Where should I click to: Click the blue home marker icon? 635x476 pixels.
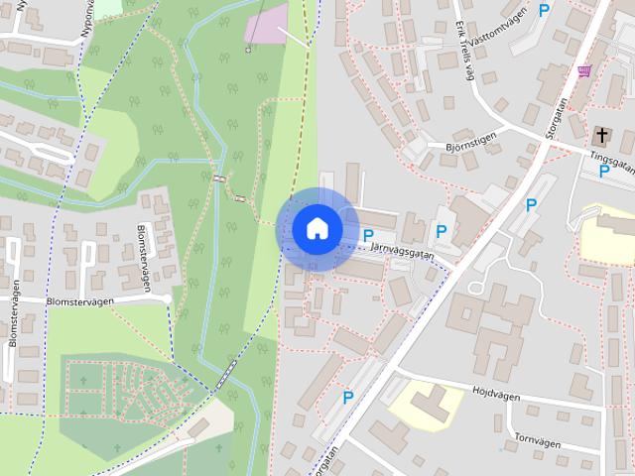317,228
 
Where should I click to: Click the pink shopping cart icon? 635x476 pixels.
584,71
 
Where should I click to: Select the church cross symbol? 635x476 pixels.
601,134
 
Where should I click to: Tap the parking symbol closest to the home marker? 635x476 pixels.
368,236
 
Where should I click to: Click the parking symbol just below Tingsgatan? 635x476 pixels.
603,172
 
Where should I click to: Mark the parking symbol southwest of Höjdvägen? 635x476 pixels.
347,398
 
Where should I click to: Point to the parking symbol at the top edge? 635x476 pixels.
543,11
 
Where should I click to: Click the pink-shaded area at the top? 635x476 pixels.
266,25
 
